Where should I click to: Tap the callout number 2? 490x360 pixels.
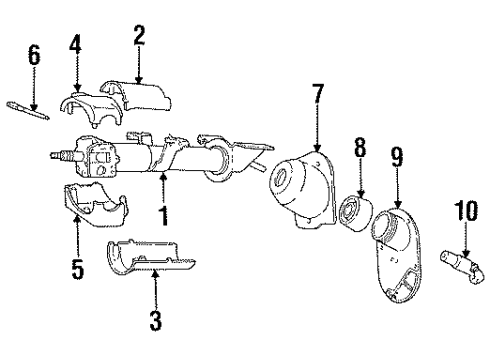click(x=139, y=37)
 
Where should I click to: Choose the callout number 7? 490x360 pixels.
click(x=317, y=96)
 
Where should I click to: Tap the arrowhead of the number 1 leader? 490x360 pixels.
click(x=163, y=174)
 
